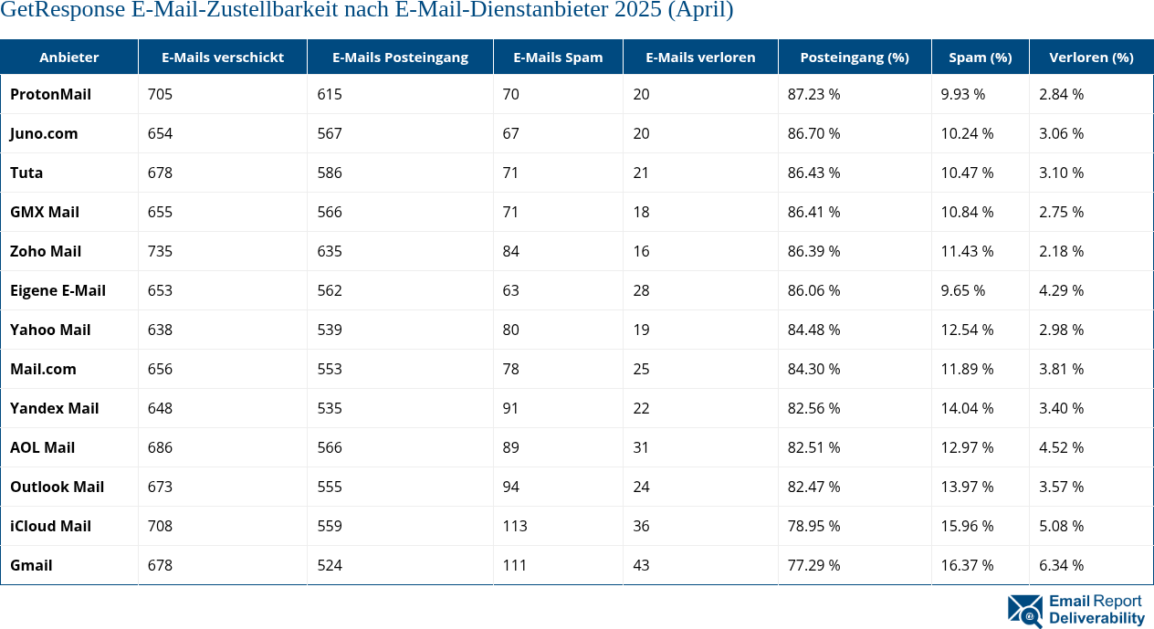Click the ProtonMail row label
[50, 94]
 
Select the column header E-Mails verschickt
[222, 57]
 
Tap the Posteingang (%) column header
[854, 57]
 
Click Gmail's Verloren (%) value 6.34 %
[1061, 565]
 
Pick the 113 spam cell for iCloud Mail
[515, 526]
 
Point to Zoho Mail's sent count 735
[160, 251]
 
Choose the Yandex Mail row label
[54, 408]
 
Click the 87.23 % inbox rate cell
[813, 94]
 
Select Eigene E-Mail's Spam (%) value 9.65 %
[963, 290]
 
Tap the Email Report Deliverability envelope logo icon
[1025, 611]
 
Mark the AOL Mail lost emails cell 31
[641, 447]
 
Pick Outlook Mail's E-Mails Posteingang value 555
[330, 487]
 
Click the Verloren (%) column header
[1091, 57]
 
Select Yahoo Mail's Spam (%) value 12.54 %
[967, 330]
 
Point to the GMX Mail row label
[45, 212]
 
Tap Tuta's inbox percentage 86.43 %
[813, 173]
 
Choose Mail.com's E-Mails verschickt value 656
[160, 369]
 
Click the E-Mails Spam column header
[558, 57]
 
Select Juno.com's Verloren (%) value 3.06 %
[1061, 133]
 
